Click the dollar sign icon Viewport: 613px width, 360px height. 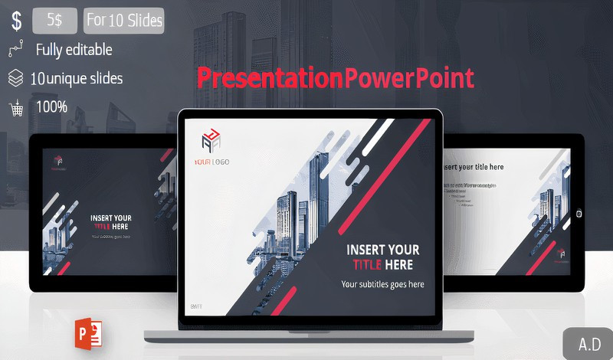(x=15, y=21)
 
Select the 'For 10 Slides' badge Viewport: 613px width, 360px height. (x=124, y=21)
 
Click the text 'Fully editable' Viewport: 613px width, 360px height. (x=74, y=51)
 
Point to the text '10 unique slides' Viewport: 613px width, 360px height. (x=77, y=78)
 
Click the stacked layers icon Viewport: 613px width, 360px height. (x=15, y=78)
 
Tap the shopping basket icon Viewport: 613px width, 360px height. (x=15, y=107)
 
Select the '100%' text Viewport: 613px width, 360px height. (x=51, y=106)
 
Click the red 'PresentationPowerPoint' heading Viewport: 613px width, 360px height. (x=335, y=78)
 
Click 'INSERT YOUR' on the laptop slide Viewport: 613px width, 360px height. (x=382, y=250)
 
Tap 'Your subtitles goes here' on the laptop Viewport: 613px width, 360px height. (x=382, y=284)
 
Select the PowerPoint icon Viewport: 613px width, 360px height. (x=90, y=331)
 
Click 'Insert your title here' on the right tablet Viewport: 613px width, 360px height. (x=473, y=167)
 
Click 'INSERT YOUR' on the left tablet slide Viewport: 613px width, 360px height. (x=111, y=218)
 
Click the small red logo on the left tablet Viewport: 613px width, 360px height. (x=58, y=162)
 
